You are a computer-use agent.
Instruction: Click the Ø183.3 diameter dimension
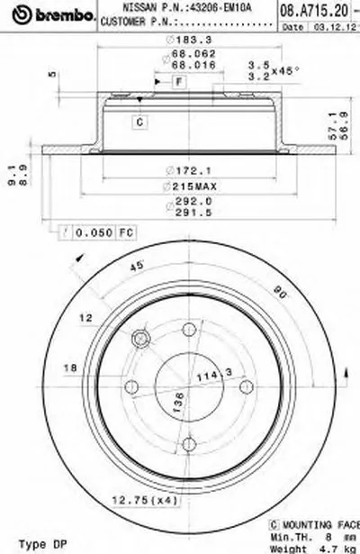click(175, 41)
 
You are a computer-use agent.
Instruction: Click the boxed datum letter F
click(179, 82)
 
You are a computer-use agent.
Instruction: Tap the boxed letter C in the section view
click(141, 120)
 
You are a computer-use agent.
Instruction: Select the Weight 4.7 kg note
click(326, 547)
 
